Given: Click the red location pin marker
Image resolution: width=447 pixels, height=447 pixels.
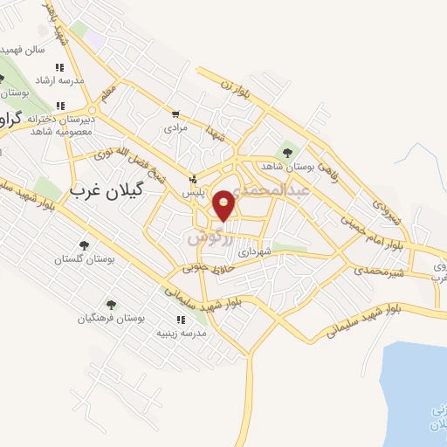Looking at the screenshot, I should [x=224, y=204].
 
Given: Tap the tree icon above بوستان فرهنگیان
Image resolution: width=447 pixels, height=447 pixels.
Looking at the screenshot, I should [x=111, y=304].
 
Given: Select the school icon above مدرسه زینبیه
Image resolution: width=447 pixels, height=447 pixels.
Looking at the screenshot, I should [x=181, y=320].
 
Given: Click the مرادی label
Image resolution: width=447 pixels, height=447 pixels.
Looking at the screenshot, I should [x=176, y=127].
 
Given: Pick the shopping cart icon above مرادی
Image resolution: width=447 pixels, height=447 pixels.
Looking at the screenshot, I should [x=175, y=114].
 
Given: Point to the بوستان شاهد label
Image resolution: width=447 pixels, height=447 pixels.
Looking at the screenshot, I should [x=284, y=165].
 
